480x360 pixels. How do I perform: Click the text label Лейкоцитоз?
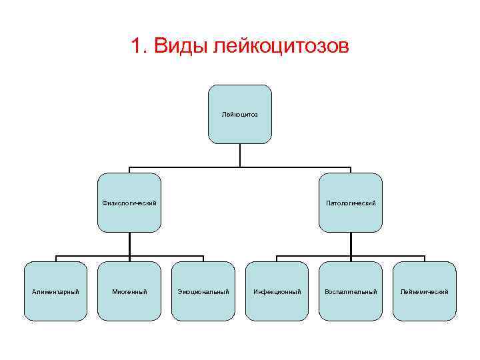(240, 115)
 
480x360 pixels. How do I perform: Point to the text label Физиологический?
(129, 203)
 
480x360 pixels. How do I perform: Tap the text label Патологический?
(351, 203)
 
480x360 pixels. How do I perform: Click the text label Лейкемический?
(425, 292)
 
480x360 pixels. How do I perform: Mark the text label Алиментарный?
(55, 292)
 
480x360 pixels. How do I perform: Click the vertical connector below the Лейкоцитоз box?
(240, 155)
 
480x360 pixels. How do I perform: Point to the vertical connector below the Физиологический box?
(129, 244)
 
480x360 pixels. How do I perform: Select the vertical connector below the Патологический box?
(351, 244)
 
